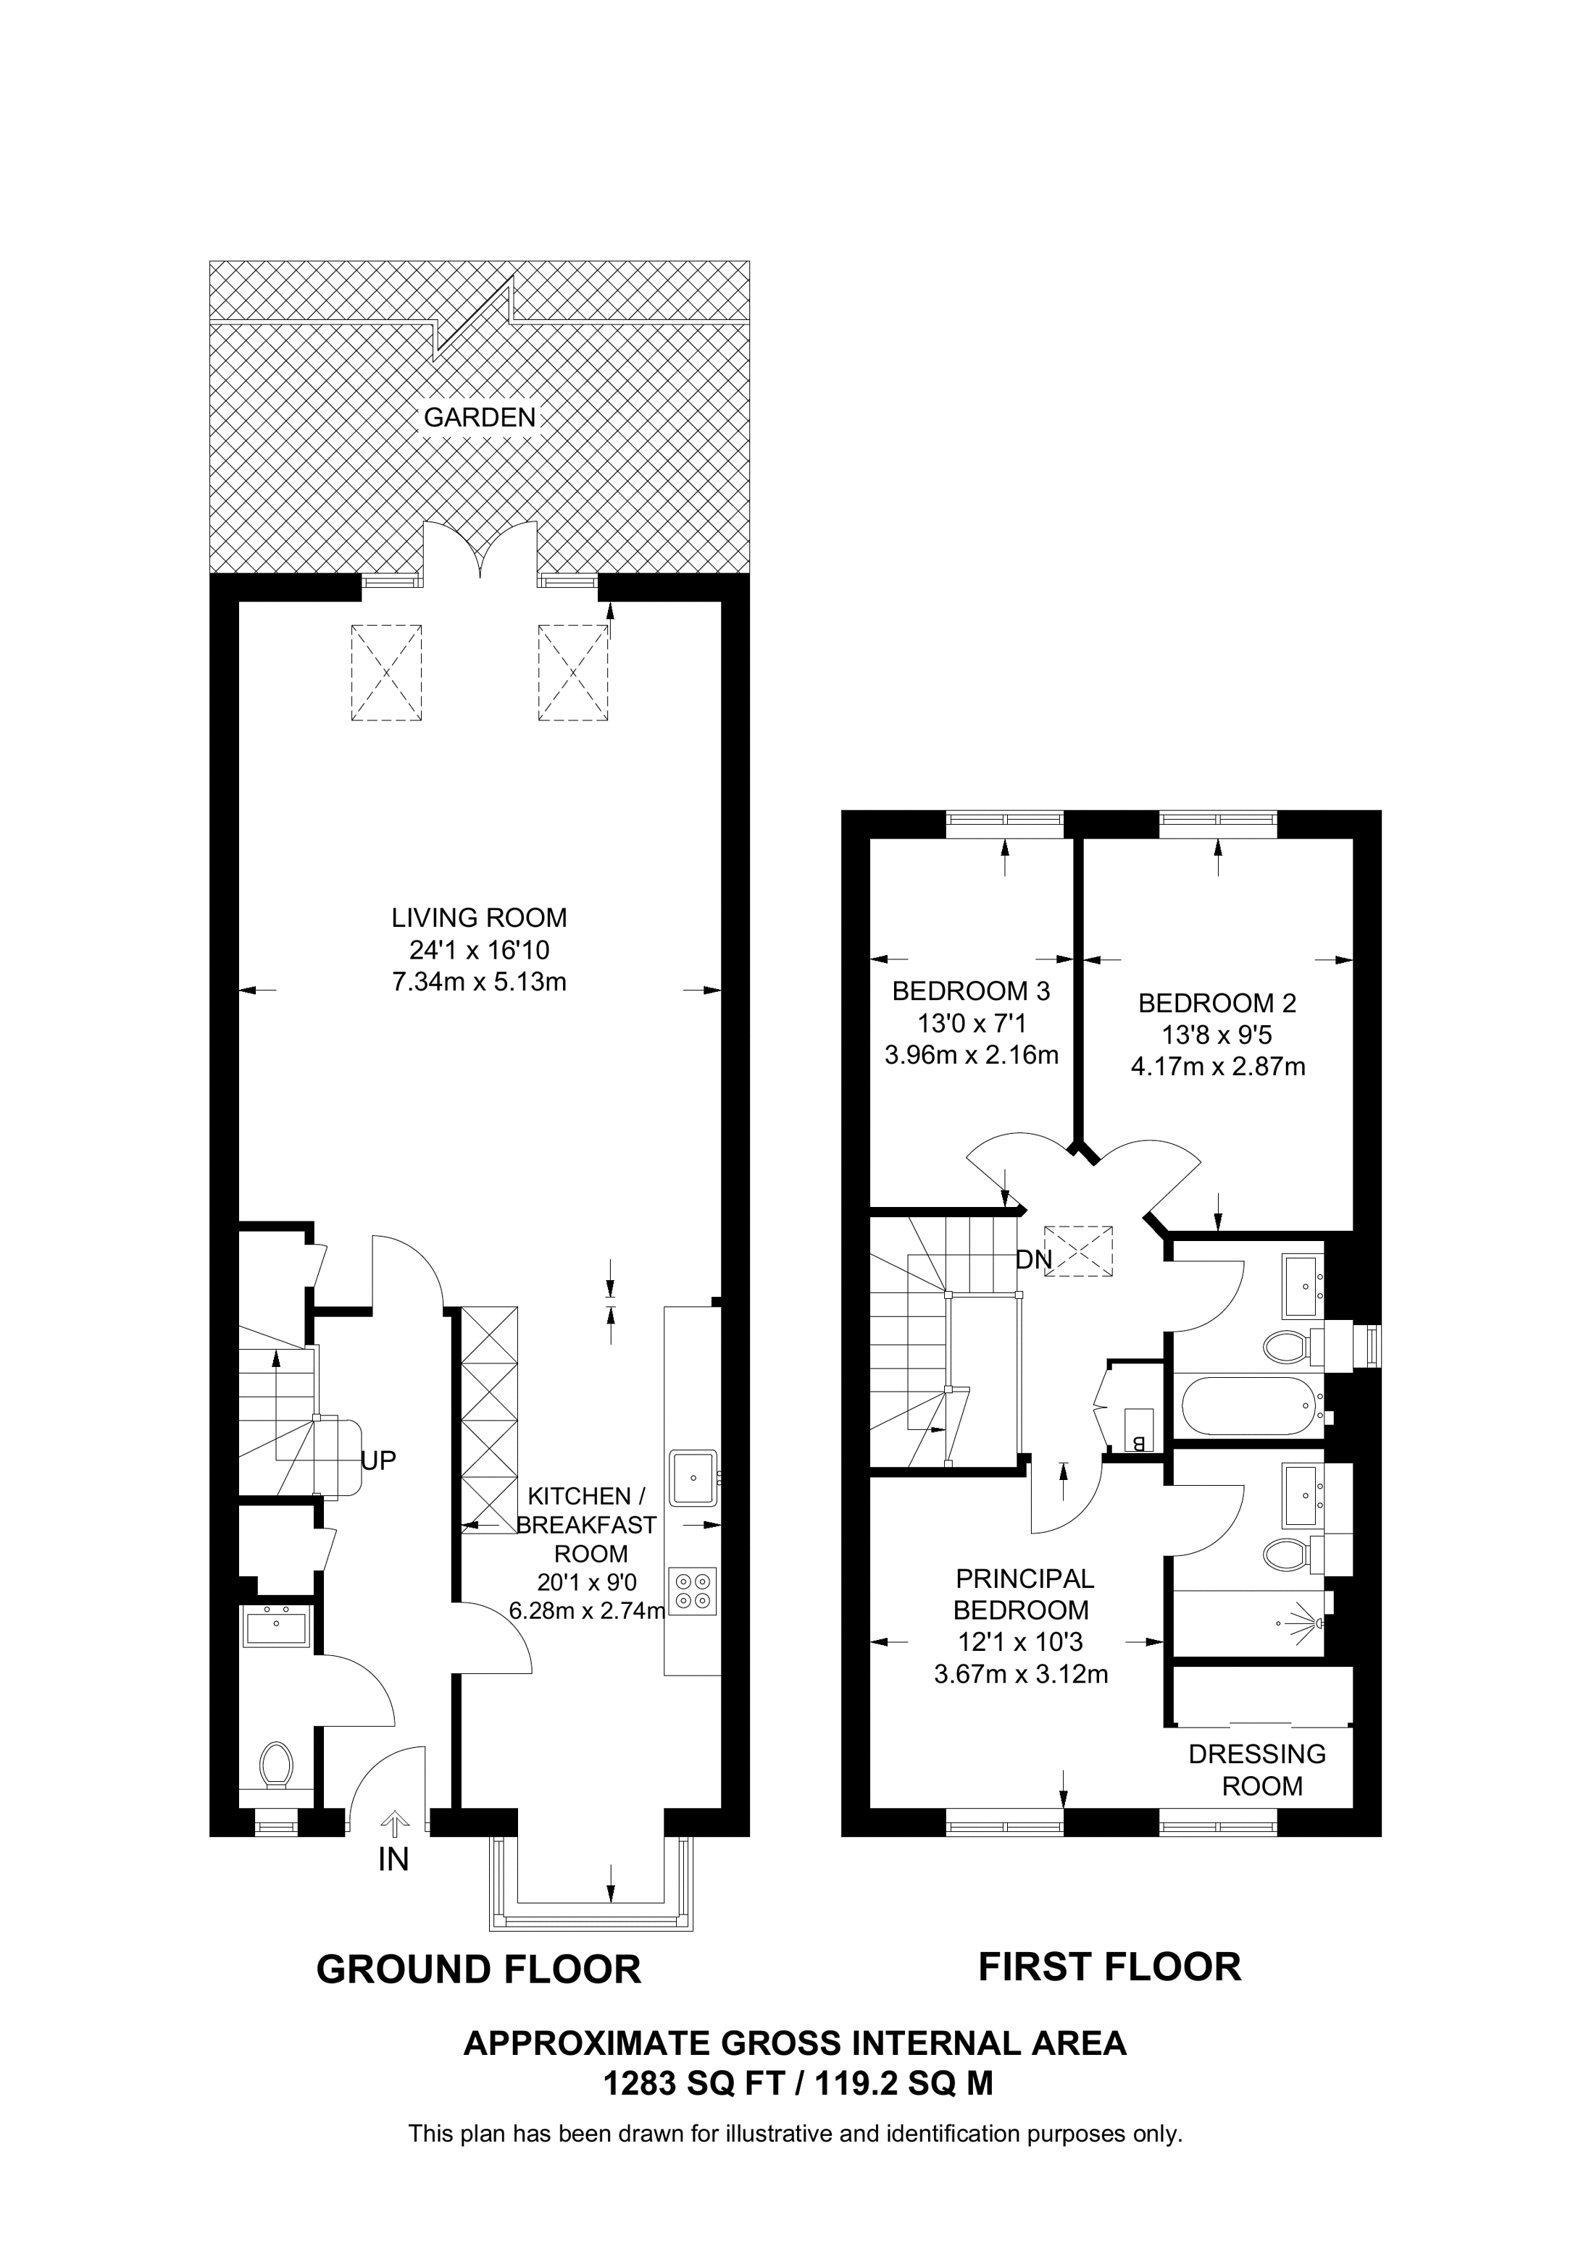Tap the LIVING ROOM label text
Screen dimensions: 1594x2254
[479, 918]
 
